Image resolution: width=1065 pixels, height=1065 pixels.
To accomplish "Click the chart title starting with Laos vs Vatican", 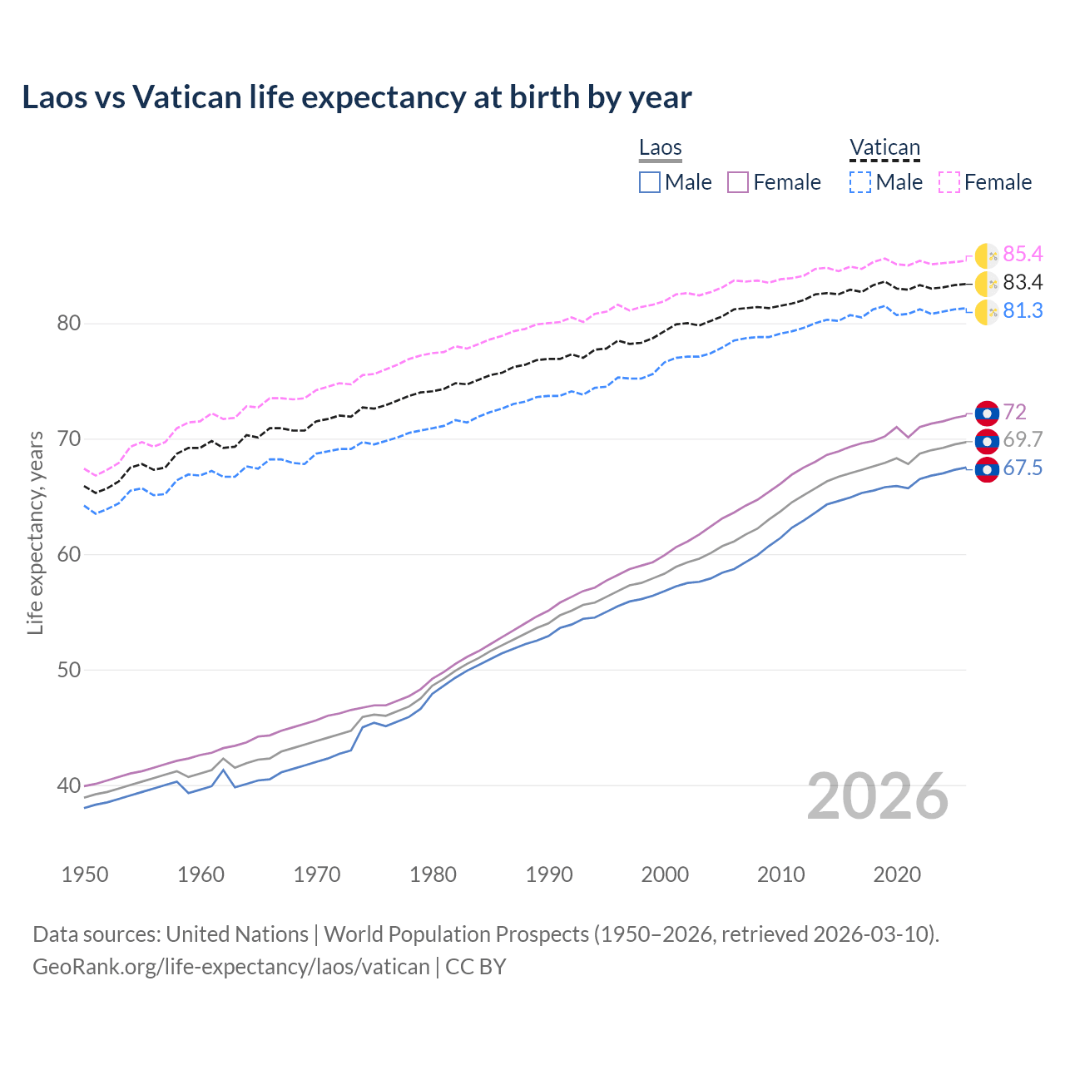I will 357,97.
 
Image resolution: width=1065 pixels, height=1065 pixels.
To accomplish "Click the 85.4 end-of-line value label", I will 1023,255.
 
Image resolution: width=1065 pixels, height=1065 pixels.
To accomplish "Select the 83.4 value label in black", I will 1023,283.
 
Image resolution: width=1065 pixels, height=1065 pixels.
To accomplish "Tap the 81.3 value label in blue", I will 1023,311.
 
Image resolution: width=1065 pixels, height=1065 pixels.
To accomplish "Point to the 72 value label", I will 1014,413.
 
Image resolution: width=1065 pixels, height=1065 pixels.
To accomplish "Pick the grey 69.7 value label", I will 1023,440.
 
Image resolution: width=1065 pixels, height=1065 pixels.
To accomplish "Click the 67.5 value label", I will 1023,468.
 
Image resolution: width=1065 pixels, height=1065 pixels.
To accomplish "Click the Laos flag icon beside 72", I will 987,414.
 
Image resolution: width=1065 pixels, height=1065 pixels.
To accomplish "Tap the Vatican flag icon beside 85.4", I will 987,256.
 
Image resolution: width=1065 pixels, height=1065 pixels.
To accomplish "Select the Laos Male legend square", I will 650,182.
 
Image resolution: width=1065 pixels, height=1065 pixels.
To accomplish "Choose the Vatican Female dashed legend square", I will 949,182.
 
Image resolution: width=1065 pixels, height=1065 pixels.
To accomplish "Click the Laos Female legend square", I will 738,182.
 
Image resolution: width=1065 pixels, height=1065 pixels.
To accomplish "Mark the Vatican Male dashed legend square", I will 860,182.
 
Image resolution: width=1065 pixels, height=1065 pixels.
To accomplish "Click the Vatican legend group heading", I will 884,148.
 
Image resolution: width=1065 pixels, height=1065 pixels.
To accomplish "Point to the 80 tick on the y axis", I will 68,324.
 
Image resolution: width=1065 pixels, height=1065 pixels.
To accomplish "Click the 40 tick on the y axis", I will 68,785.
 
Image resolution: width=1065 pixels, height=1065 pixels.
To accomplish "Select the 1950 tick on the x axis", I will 85,874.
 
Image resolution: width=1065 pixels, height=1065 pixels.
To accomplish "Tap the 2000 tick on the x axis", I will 665,874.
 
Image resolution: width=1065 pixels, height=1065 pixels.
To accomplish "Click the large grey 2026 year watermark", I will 878,796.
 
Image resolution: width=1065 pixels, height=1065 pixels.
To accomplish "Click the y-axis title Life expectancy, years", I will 36,532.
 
